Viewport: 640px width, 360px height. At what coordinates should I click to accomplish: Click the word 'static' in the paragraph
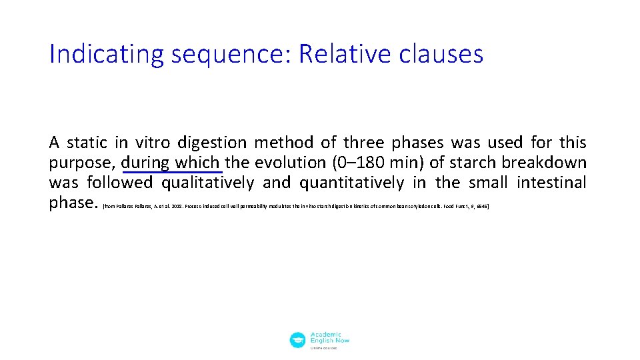87,143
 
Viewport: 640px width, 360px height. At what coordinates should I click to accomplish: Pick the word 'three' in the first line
363,143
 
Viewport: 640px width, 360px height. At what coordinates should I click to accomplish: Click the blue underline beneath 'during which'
172,173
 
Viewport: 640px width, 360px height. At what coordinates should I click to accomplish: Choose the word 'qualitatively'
207,183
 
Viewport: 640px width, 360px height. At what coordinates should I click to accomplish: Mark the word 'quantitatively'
352,183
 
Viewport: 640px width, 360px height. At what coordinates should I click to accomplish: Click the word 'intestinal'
553,183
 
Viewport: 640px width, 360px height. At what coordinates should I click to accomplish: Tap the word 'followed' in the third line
121,183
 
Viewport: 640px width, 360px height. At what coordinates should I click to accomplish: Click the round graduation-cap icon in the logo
298,340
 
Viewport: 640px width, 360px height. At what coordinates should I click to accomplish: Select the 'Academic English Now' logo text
329,339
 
